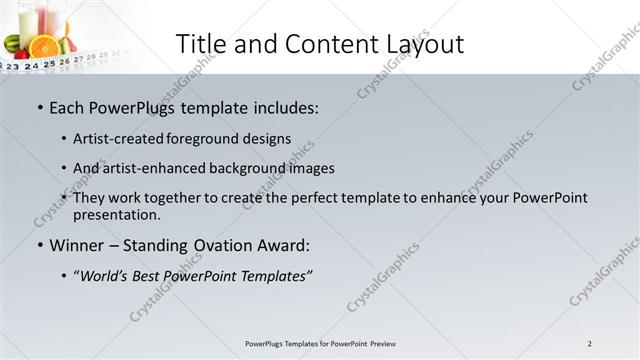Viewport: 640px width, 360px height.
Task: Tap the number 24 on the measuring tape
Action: [x=31, y=65]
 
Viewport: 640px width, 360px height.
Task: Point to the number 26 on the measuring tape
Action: [x=65, y=61]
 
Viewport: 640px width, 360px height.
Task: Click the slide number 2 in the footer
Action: [x=590, y=344]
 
